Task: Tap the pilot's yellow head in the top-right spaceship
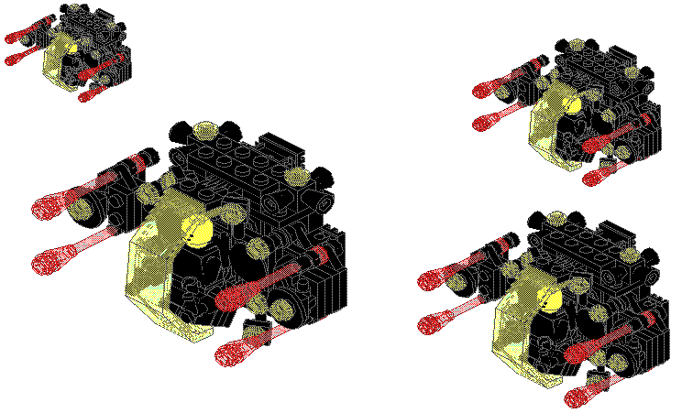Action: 573,103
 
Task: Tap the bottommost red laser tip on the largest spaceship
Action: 231,353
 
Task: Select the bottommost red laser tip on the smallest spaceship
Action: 86,95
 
